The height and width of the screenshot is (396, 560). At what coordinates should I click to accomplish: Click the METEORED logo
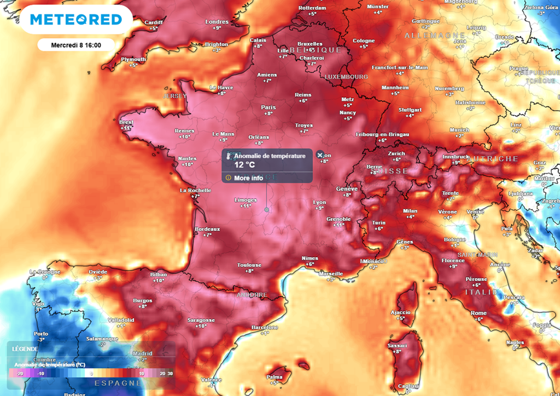[75, 20]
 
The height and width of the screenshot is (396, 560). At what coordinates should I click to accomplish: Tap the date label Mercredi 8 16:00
[75, 45]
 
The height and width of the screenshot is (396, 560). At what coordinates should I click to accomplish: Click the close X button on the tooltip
[320, 155]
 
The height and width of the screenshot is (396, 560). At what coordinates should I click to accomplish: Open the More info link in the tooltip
[248, 178]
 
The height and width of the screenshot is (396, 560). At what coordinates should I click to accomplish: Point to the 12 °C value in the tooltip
[244, 165]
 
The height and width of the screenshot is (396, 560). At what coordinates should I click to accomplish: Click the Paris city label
[268, 107]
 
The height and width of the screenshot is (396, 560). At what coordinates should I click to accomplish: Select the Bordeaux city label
[207, 229]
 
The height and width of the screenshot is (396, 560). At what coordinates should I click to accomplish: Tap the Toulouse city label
[249, 265]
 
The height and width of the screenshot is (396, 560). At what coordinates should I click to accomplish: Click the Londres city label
[217, 22]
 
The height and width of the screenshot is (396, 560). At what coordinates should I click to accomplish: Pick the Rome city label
[479, 313]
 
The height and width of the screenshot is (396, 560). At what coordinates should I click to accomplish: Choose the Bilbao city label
[159, 274]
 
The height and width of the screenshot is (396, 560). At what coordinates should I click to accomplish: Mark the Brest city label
[126, 122]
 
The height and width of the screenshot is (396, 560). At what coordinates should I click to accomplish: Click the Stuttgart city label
[410, 109]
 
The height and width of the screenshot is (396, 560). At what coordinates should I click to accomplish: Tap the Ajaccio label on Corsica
[401, 312]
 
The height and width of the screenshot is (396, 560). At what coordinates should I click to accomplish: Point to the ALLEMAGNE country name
[427, 35]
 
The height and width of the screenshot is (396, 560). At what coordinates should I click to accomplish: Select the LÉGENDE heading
[25, 348]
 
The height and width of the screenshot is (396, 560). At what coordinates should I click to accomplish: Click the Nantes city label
[187, 158]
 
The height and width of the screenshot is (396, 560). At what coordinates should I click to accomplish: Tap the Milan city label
[410, 211]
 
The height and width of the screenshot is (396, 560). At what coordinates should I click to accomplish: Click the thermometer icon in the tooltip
[229, 156]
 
